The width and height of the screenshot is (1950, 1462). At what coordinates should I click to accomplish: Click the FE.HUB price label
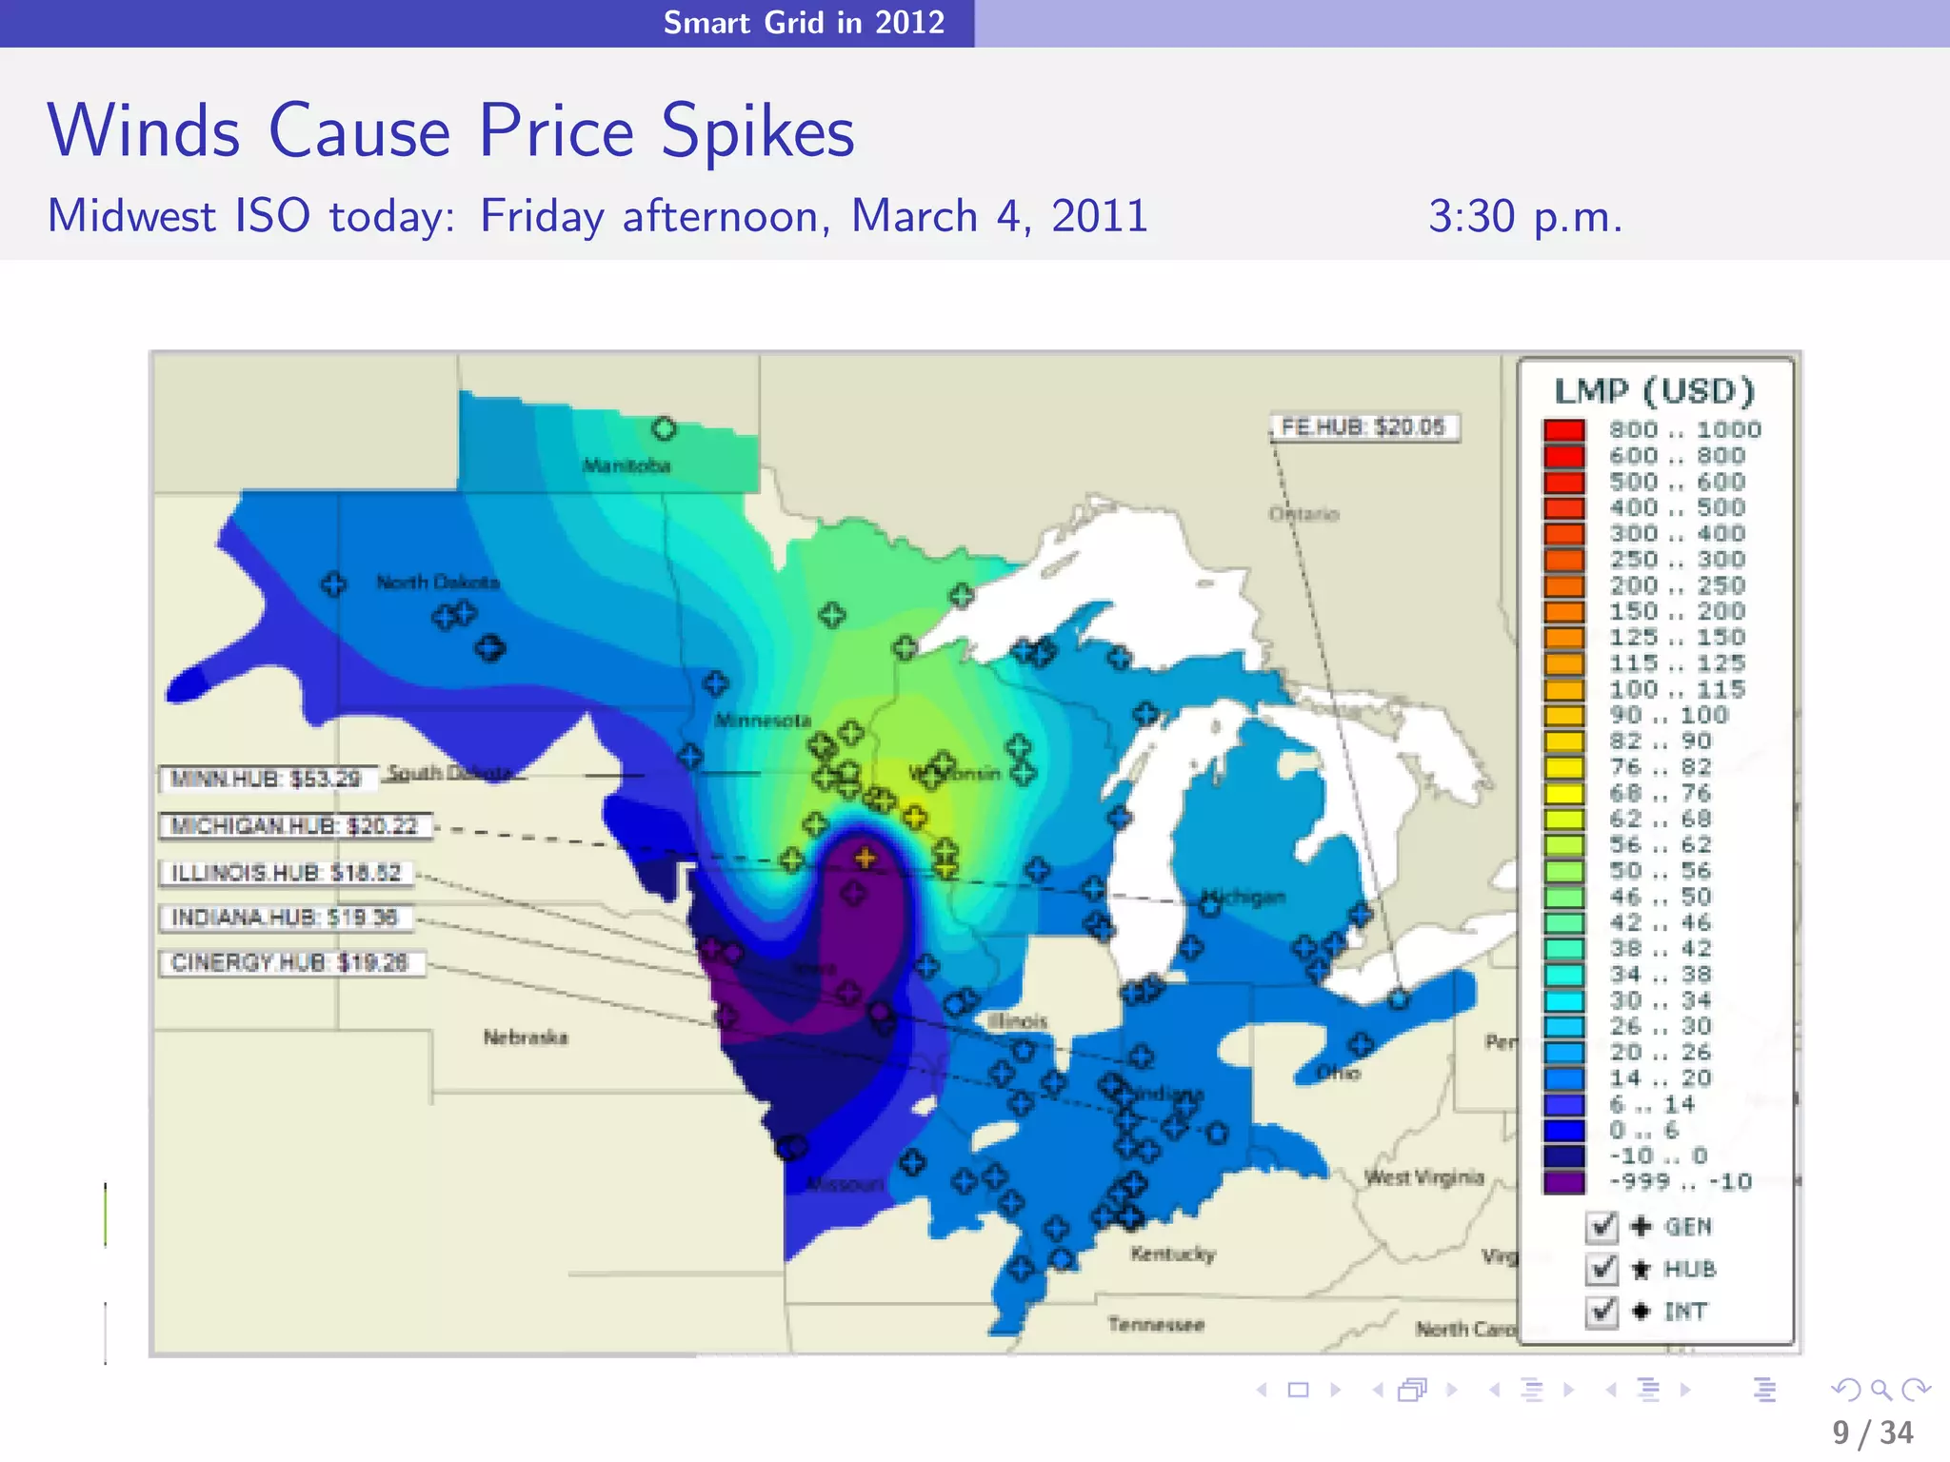pos(1363,427)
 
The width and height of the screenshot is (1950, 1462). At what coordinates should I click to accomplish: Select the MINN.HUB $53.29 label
pos(267,779)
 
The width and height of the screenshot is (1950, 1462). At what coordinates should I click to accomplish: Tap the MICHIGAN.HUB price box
pos(294,826)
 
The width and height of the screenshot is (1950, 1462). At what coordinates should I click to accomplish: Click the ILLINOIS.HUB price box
pos(286,873)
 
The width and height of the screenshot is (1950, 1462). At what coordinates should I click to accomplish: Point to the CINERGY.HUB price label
pos(289,963)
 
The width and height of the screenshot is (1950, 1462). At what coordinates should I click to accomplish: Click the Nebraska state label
pos(526,1037)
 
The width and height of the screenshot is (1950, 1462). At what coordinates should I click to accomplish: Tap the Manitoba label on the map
pos(627,465)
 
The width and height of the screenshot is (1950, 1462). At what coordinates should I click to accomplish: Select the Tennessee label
pos(1156,1324)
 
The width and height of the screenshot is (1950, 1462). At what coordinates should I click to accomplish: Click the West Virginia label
pos(1424,1177)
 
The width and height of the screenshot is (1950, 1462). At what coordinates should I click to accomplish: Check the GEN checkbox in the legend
pos(1602,1227)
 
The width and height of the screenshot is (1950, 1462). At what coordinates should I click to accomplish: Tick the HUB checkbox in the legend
pos(1602,1269)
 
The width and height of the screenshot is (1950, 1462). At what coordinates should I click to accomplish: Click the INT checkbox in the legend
pos(1602,1312)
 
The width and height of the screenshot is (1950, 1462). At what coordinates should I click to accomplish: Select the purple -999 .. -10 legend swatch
pos(1564,1182)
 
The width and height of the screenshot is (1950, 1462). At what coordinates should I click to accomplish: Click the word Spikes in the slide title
pos(758,131)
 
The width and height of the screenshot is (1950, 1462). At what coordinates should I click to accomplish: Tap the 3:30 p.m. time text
pos(1524,217)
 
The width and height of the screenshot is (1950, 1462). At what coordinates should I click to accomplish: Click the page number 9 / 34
pos(1872,1432)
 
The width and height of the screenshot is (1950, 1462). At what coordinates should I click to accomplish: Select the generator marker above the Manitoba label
pos(664,429)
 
